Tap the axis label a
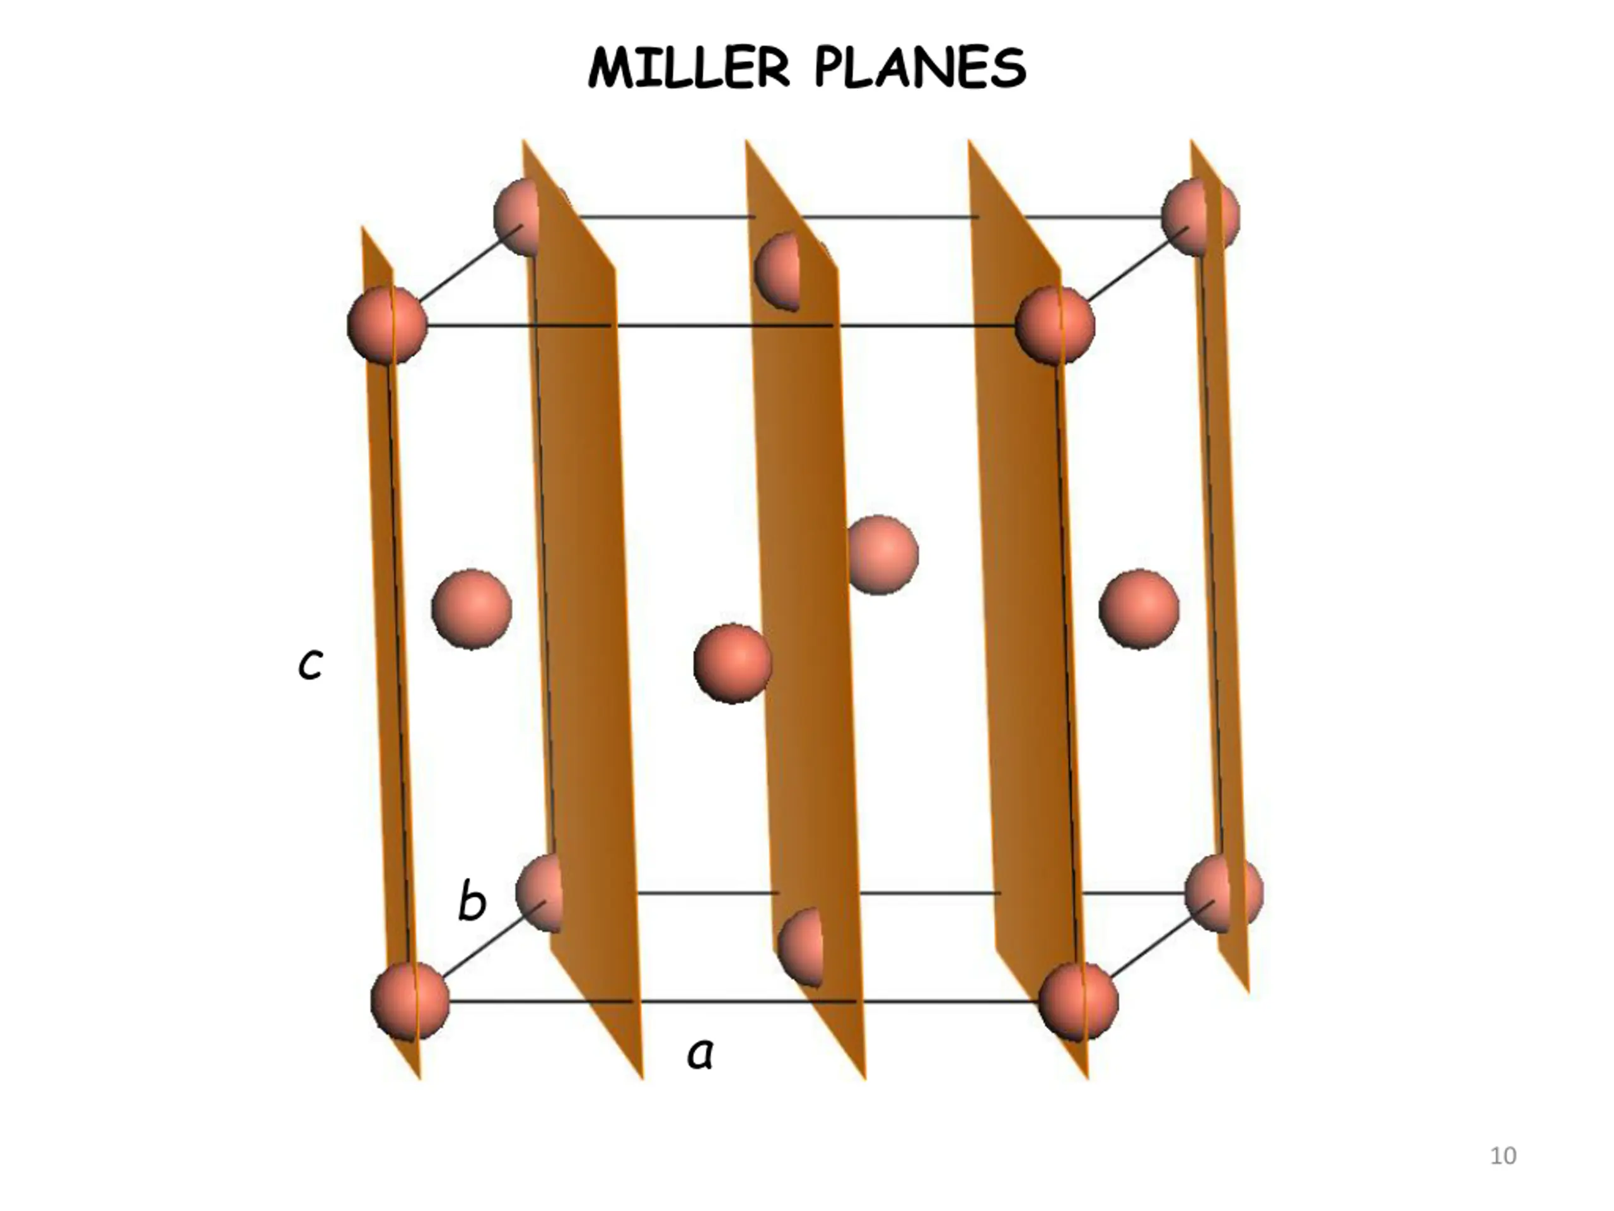(700, 1054)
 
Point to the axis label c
(310, 664)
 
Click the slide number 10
(1502, 1155)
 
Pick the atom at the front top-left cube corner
(386, 325)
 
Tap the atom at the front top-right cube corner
(1054, 325)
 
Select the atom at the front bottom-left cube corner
(409, 1001)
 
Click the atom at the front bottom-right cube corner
(1077, 1001)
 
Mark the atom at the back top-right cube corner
(1199, 217)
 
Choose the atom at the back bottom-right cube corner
(1223, 892)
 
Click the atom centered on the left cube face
(472, 609)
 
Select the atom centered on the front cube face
(732, 663)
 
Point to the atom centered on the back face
(883, 555)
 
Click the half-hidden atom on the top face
(778, 271)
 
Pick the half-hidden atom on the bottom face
(801, 947)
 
